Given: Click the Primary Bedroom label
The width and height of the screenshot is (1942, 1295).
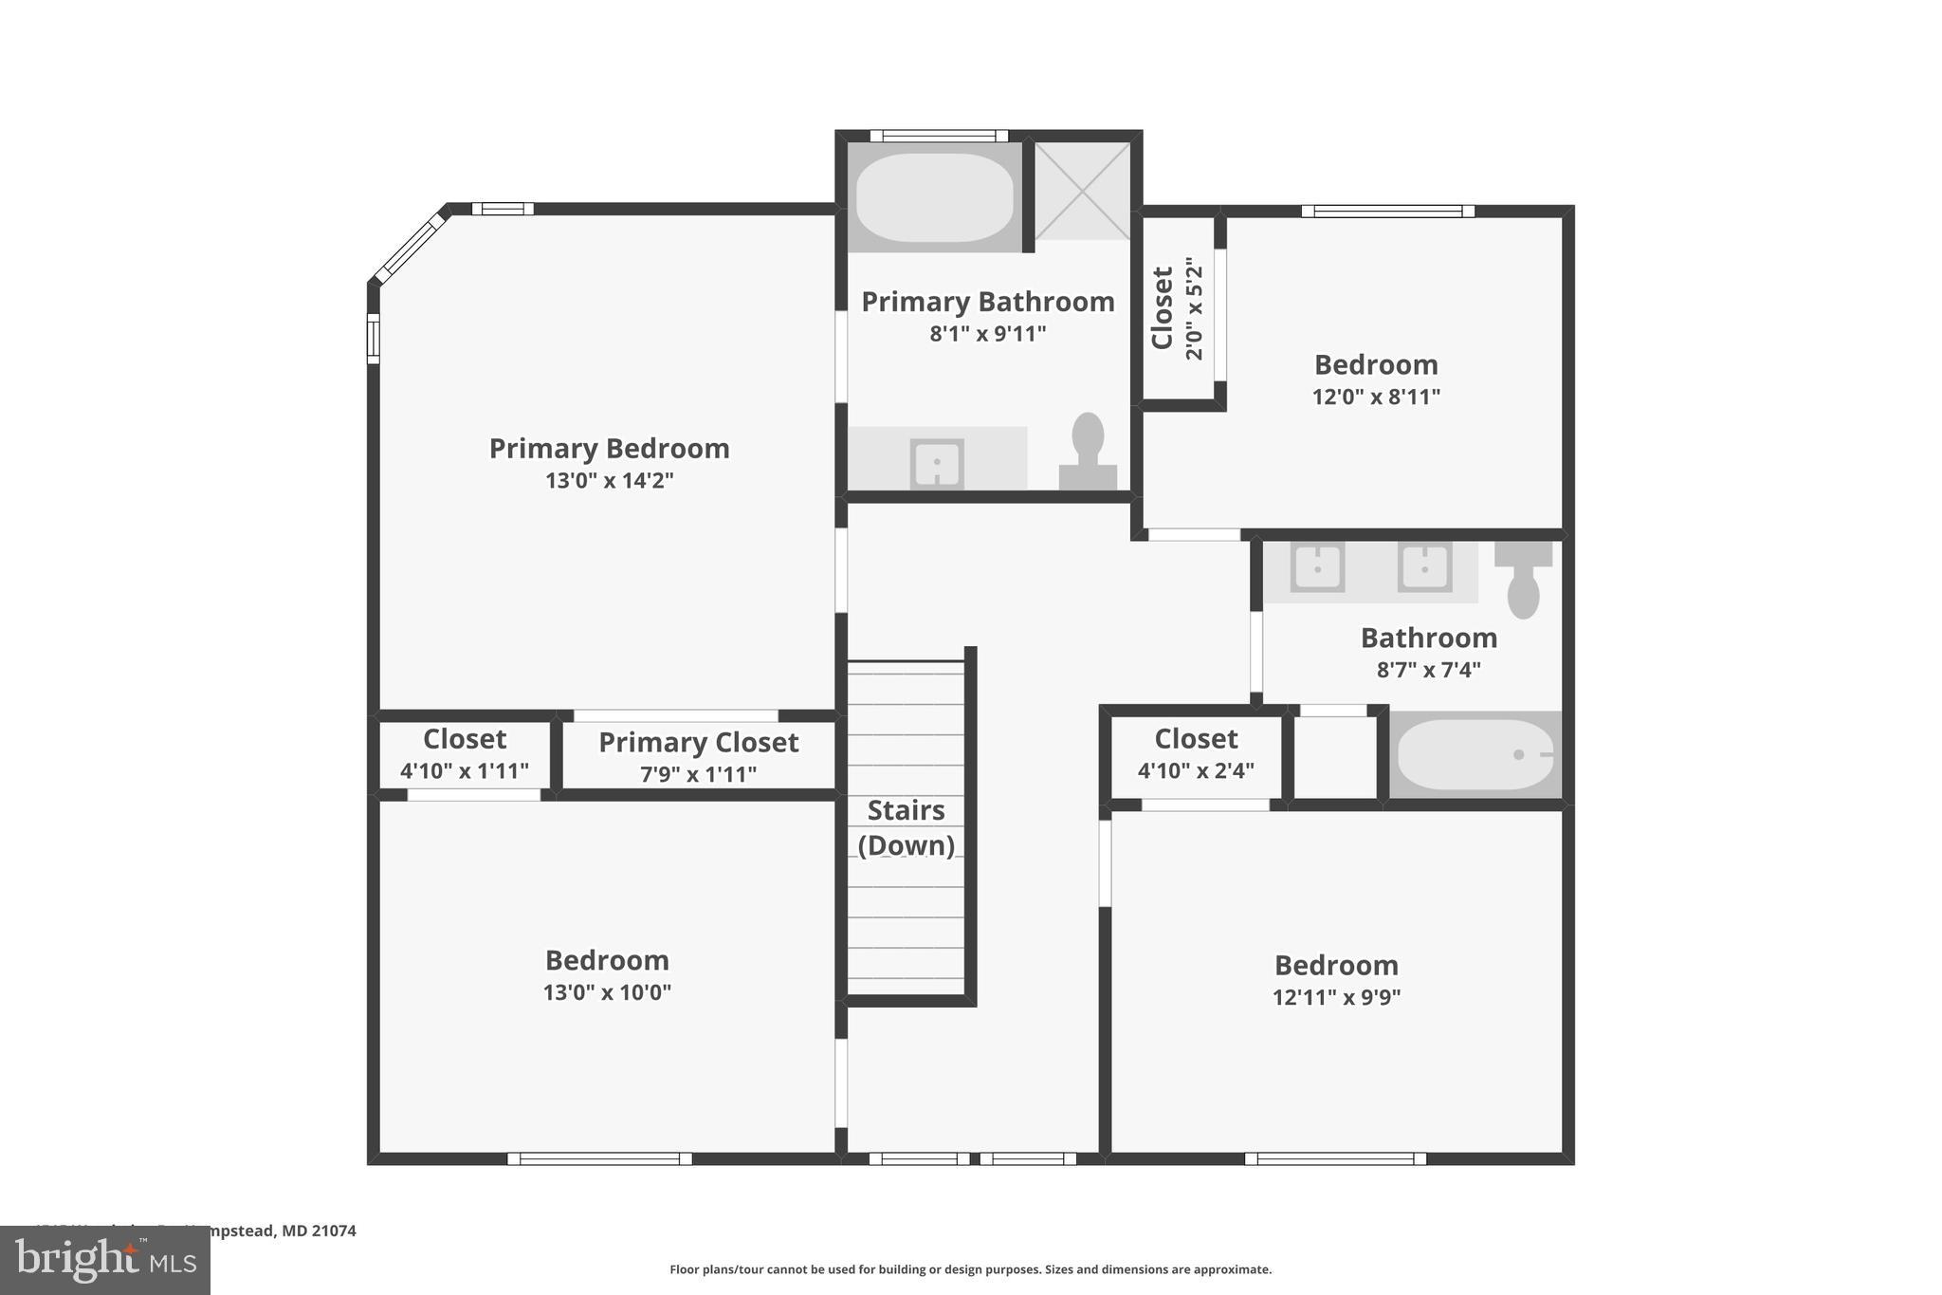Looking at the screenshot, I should (x=609, y=449).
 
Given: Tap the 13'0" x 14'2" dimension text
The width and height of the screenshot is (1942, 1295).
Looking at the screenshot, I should (x=609, y=481).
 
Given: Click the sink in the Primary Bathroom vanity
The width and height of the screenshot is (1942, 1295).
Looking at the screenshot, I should (x=937, y=463).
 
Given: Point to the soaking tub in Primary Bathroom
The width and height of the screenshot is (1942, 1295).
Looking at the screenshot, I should (x=934, y=197).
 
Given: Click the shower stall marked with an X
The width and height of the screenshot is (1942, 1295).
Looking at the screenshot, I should (x=1082, y=192).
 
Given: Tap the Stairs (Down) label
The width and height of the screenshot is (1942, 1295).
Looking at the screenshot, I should (x=906, y=827).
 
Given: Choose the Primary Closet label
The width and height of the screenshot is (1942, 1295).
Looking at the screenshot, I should (x=698, y=742).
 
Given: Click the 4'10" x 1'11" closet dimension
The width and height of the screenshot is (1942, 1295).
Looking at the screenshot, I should (x=464, y=771).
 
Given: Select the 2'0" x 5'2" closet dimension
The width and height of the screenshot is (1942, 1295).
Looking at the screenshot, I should (x=1194, y=308).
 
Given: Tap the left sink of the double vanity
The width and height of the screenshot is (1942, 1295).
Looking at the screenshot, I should (x=1317, y=567).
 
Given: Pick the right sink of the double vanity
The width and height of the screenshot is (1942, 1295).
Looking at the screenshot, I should (x=1423, y=567).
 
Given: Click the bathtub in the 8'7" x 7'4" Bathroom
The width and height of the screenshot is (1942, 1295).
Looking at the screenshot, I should (x=1475, y=755).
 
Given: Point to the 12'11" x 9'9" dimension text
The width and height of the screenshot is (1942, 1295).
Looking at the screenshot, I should (x=1336, y=998).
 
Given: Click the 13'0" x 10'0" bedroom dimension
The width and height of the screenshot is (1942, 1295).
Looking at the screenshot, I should (x=607, y=993).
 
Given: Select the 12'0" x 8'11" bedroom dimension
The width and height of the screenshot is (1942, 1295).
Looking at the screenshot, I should (x=1376, y=398).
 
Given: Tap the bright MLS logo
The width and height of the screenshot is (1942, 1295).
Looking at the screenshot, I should (x=105, y=1260).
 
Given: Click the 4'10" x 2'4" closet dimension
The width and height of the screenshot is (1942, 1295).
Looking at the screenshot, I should (x=1196, y=771).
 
